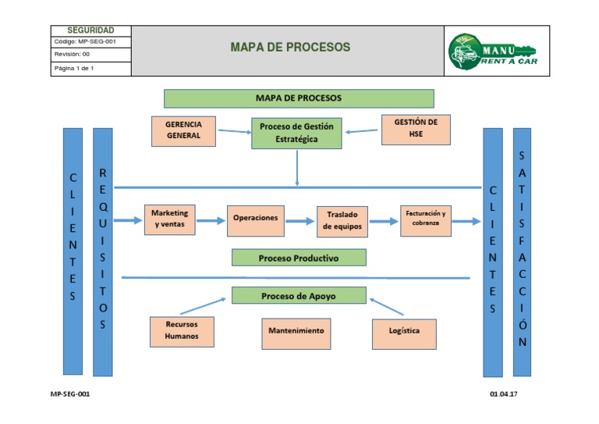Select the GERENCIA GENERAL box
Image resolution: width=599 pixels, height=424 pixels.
(x=183, y=130)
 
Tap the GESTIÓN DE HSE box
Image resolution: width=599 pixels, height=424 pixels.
(x=416, y=129)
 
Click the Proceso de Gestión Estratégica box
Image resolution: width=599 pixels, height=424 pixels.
(x=296, y=133)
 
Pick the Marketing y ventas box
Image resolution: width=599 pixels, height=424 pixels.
(x=170, y=219)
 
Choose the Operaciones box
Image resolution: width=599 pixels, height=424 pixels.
(x=255, y=219)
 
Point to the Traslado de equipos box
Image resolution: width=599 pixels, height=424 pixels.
(x=342, y=222)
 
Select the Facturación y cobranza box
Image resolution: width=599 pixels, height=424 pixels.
(x=426, y=219)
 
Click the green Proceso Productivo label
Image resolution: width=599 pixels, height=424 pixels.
(x=298, y=257)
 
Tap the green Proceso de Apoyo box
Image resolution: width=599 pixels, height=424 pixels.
(x=299, y=295)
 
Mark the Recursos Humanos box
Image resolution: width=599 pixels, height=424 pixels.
(x=182, y=331)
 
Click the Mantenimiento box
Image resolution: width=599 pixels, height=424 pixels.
(x=296, y=332)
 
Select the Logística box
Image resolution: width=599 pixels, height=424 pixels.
(x=404, y=332)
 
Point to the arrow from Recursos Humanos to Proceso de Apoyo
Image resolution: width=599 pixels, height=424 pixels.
(x=202, y=305)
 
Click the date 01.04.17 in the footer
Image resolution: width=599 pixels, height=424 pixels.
(x=504, y=394)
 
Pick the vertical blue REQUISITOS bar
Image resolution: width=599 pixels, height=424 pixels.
(x=103, y=251)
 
